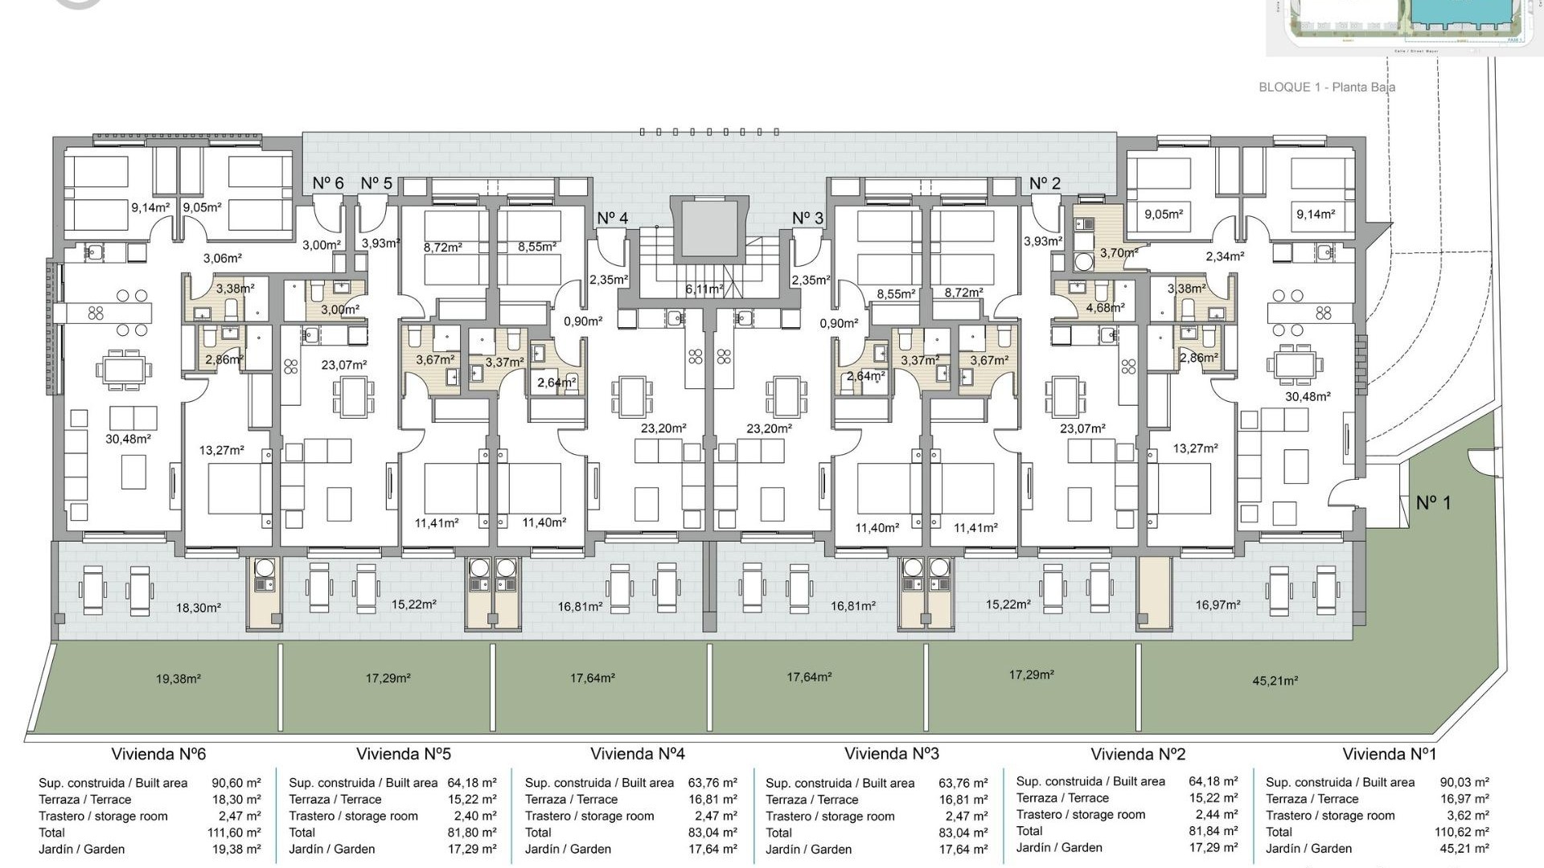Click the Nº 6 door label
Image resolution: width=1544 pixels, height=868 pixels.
328,183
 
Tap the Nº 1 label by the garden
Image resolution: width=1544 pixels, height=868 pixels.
1433,503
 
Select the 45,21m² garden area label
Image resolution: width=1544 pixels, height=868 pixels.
1275,681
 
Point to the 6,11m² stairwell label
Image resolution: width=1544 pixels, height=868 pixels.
704,289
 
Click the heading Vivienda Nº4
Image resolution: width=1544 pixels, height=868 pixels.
637,754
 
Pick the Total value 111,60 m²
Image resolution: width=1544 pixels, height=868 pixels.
234,833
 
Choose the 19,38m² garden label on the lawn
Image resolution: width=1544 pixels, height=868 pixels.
178,679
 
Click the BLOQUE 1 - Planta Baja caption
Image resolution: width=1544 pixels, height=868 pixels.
1326,87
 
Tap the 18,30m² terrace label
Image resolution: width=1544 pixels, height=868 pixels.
198,608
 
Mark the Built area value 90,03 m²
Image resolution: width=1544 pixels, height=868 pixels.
1464,782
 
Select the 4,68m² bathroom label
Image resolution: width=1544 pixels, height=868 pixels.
1105,308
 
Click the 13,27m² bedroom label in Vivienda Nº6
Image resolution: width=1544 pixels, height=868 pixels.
221,451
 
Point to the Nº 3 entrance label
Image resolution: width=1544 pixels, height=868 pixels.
807,219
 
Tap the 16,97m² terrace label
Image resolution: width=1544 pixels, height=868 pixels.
1218,604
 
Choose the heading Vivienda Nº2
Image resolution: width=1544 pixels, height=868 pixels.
1137,754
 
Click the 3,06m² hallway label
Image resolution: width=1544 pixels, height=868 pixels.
222,259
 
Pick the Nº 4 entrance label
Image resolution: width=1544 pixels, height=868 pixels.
612,219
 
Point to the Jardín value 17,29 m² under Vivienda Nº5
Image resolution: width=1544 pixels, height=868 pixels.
471,849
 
